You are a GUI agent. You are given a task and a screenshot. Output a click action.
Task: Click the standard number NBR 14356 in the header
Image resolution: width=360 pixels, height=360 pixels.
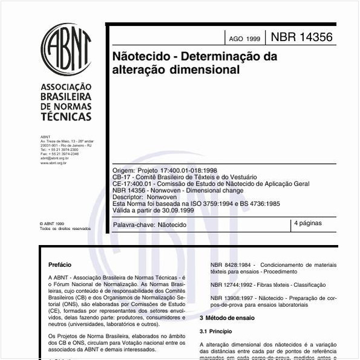click(x=301, y=37)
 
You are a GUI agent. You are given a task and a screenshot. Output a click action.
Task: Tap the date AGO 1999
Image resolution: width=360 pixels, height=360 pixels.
click(x=244, y=39)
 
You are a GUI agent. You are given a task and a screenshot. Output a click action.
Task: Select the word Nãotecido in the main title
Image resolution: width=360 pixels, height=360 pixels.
click(x=139, y=57)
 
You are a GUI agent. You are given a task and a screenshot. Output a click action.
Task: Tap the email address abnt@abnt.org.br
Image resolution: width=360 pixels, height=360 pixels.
click(x=54, y=158)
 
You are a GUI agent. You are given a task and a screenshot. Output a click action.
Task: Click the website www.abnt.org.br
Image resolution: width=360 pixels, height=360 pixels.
click(x=53, y=163)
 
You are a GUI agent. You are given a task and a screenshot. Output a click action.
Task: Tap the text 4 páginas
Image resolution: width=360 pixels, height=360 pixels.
click(x=308, y=223)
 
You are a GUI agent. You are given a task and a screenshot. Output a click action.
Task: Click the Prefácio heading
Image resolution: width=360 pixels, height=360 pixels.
click(x=60, y=264)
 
